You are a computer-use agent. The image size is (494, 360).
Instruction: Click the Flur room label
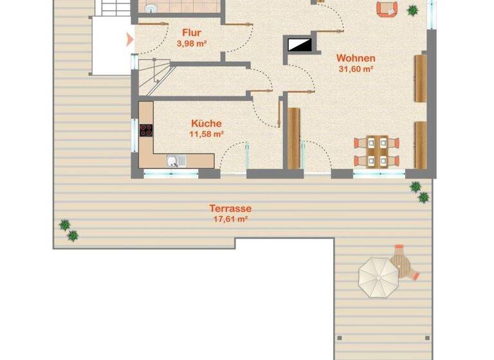[192, 32]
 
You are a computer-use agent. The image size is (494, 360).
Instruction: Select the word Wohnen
[356, 58]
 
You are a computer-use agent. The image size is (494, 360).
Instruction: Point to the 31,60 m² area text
[356, 69]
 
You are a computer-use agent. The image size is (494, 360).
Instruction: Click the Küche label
[206, 123]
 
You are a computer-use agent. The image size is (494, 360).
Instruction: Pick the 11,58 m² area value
[206, 134]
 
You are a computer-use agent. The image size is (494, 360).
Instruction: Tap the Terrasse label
[230, 208]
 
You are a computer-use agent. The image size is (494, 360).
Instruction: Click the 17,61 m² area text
[230, 219]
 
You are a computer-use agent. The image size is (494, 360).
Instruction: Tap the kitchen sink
[173, 161]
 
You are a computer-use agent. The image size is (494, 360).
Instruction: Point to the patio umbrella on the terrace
[378, 276]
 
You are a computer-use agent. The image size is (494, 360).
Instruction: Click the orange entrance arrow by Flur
[130, 40]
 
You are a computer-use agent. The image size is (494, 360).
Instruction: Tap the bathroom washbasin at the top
[152, 8]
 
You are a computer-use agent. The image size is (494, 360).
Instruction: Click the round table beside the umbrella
[403, 263]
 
